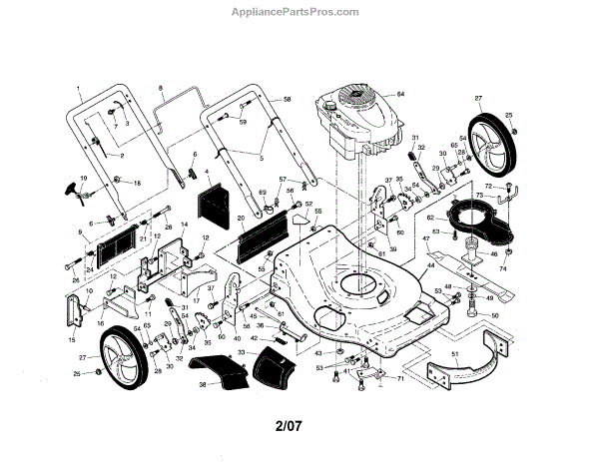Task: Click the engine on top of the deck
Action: point(354,125)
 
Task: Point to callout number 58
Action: point(288,101)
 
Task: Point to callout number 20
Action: point(241,218)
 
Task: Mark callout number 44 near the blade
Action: point(431,266)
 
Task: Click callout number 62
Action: point(431,217)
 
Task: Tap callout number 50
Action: point(495,315)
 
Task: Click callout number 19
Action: point(84,177)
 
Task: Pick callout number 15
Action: point(71,340)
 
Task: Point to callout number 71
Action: point(400,379)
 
